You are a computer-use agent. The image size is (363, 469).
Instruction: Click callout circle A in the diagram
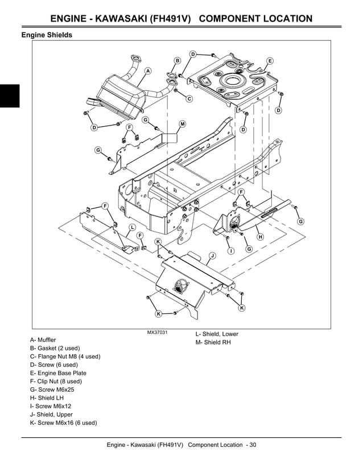(148, 71)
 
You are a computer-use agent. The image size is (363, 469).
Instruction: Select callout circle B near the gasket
(177, 60)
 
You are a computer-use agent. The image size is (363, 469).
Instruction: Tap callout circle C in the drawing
(189, 99)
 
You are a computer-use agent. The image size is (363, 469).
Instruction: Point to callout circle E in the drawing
(270, 61)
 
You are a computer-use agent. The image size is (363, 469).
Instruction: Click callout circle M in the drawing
(183, 124)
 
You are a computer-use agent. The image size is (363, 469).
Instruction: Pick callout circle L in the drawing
(131, 227)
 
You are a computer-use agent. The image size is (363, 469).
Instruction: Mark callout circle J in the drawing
(212, 256)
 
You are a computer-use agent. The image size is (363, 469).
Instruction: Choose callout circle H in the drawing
(260, 236)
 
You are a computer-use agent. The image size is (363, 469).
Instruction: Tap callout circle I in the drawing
(230, 250)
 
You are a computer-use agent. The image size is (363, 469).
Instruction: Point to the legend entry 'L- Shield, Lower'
(217, 334)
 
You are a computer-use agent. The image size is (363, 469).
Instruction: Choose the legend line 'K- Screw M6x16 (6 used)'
(63, 423)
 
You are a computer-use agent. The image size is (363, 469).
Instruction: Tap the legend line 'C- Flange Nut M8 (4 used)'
(65, 357)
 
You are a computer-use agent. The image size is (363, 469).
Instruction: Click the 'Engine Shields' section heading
(47, 35)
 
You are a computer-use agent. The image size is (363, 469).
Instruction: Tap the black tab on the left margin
(10, 95)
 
